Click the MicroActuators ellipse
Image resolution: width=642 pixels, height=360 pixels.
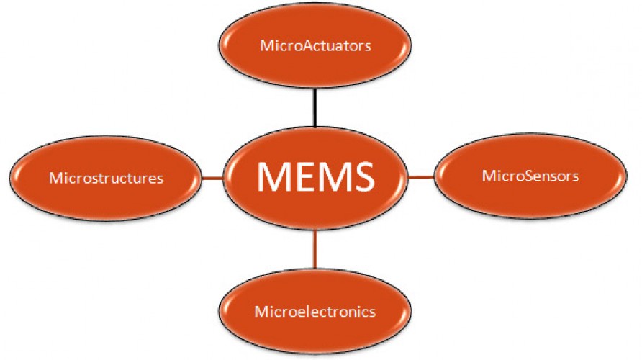point(315,45)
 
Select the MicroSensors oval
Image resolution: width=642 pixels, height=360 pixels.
point(530,176)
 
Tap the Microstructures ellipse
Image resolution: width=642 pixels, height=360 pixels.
point(106,178)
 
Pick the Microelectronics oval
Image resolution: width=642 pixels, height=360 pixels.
point(315,312)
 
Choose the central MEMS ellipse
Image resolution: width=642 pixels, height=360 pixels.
point(315,177)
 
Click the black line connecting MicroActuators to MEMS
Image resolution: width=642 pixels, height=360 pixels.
point(315,108)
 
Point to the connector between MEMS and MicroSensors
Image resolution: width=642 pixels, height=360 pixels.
point(421,177)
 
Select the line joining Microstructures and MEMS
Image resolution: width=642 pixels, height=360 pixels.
point(212,178)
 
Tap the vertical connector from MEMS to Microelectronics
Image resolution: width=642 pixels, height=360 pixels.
point(315,249)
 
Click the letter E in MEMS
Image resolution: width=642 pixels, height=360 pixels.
point(297,176)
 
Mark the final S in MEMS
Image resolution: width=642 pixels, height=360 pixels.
point(363,176)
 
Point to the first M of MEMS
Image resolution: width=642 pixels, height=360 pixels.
point(271,176)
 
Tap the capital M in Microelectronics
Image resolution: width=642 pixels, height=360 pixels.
point(261,311)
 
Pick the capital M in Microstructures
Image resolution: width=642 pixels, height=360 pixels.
point(55,178)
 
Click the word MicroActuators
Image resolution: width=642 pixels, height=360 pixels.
point(315,45)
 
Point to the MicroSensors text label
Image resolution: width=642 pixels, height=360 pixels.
point(530,176)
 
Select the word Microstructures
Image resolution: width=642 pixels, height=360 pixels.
point(107,178)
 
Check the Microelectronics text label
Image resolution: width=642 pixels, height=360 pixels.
point(315,311)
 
